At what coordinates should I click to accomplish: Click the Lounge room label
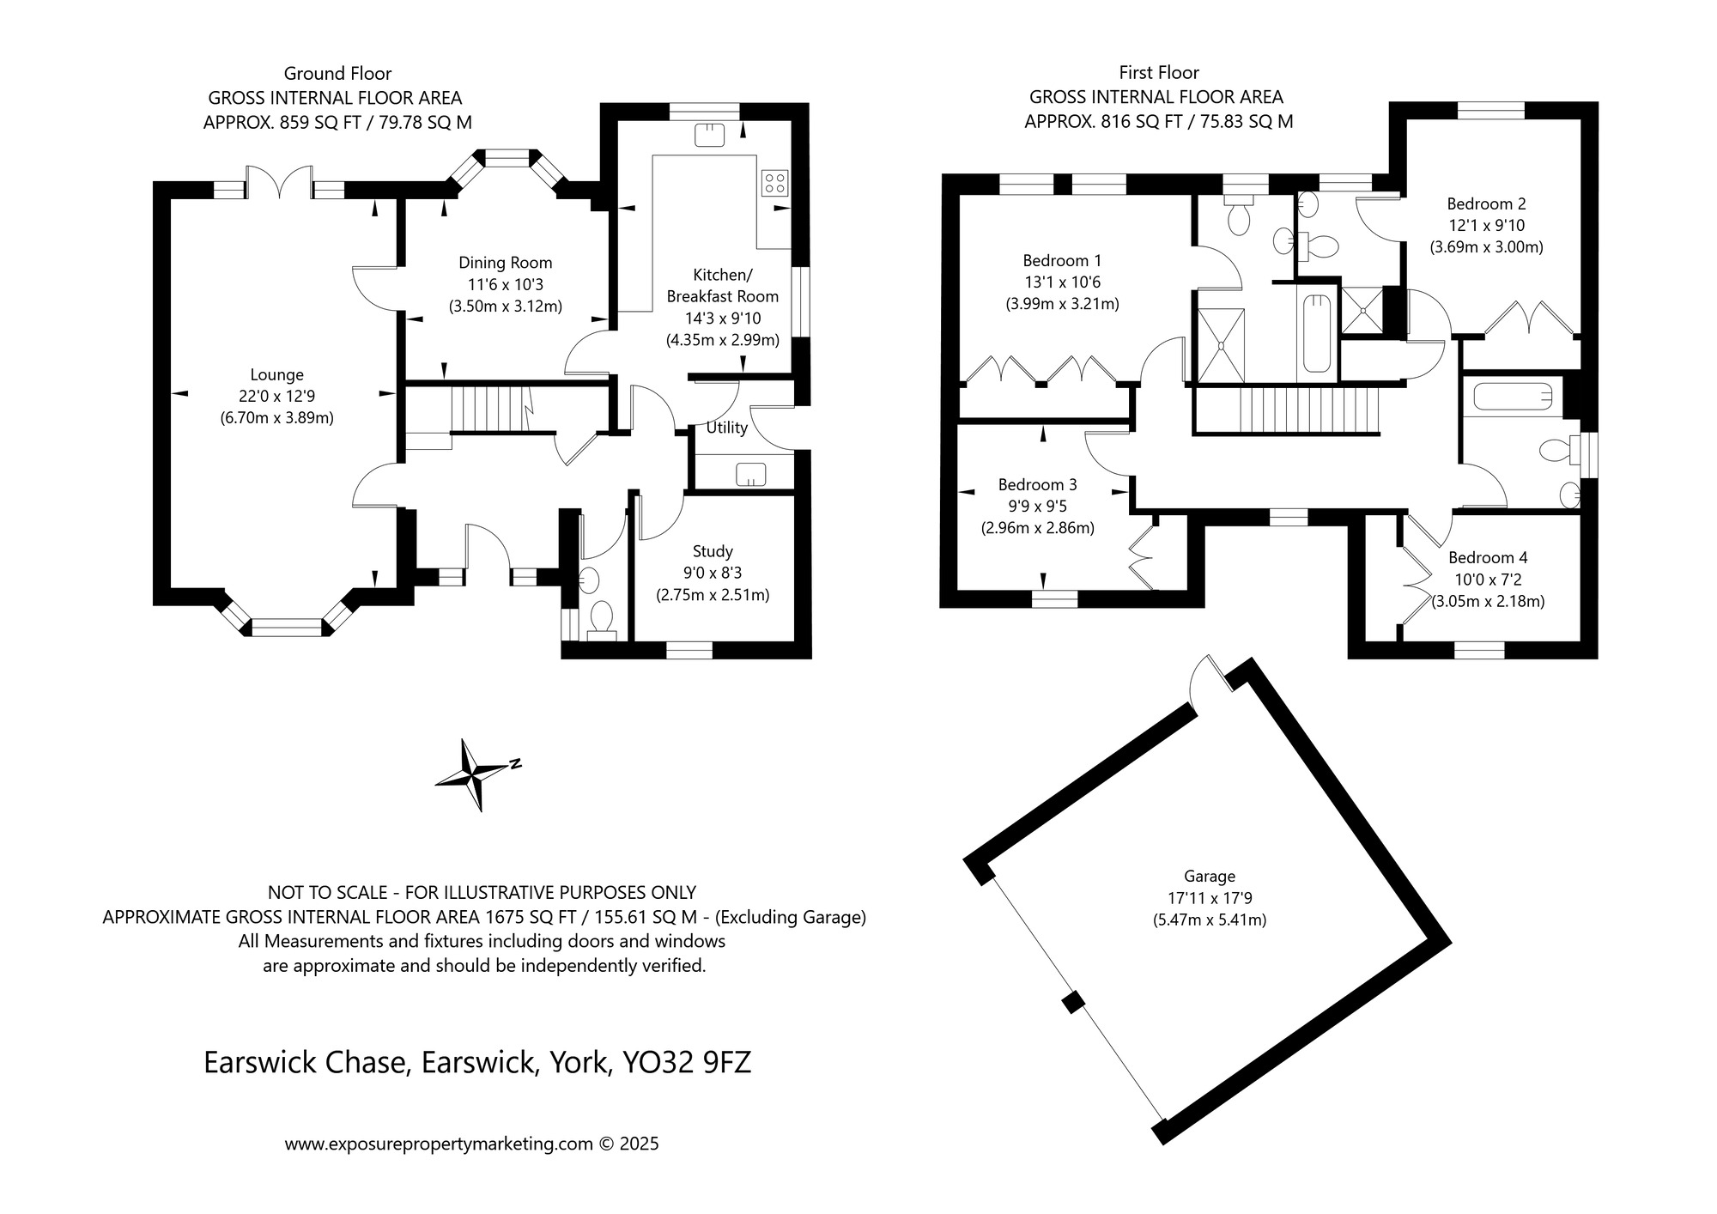click(x=276, y=375)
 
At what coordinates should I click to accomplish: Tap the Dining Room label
click(x=506, y=263)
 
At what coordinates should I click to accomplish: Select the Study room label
click(x=713, y=551)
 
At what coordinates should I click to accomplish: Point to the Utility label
click(x=726, y=428)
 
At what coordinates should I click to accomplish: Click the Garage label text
click(x=1210, y=877)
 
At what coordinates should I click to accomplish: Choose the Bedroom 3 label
click(x=1037, y=485)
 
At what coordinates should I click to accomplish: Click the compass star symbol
click(x=474, y=774)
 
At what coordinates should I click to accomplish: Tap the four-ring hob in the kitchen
click(x=774, y=183)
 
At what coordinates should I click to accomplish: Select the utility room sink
click(x=751, y=474)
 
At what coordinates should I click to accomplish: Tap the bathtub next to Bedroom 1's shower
click(x=1316, y=334)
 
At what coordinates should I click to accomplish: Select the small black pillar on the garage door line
click(x=1071, y=1002)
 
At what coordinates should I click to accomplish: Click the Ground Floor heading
click(x=337, y=74)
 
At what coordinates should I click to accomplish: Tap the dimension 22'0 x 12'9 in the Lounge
click(x=277, y=397)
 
